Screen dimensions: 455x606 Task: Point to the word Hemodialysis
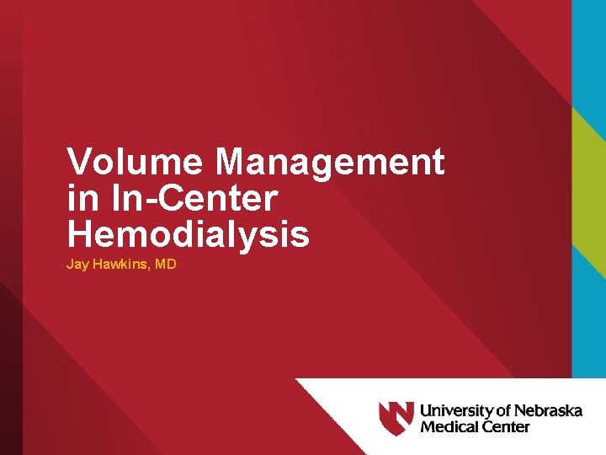point(189,235)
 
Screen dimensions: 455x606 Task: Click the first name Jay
point(77,265)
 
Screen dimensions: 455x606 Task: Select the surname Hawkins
point(121,265)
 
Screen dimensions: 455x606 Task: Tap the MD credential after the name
point(166,265)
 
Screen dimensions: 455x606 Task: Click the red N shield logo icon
point(396,418)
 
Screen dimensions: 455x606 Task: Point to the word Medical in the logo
point(448,426)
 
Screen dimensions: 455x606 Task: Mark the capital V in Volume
point(81,162)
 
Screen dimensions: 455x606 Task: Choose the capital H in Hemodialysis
point(81,235)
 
